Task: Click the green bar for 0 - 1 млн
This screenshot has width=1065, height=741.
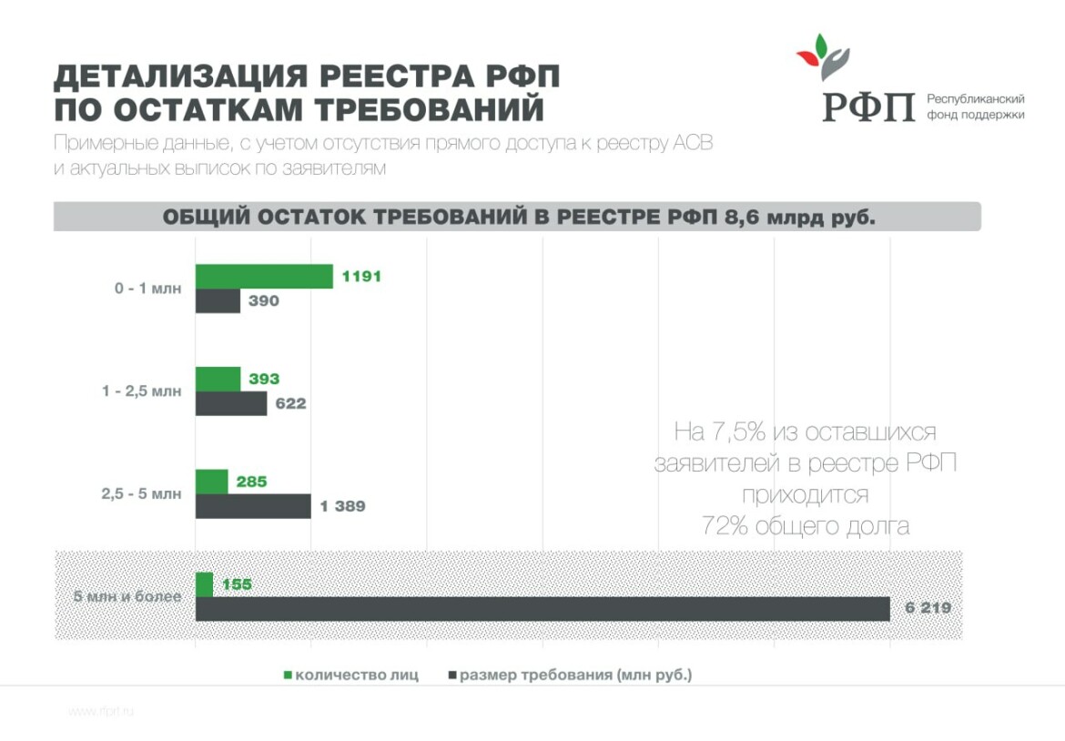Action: click(x=264, y=276)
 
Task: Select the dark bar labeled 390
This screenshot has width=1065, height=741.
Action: click(x=218, y=300)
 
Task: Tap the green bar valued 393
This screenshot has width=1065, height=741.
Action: click(x=218, y=379)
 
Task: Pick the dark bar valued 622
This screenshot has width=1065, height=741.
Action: click(x=231, y=403)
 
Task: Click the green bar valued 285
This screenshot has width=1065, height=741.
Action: click(x=211, y=482)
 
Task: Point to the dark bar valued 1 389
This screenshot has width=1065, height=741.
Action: click(x=253, y=506)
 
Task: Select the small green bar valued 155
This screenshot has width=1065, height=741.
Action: click(x=204, y=584)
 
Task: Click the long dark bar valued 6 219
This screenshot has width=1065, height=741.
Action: click(x=542, y=609)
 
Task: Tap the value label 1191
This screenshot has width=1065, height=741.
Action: click(x=361, y=277)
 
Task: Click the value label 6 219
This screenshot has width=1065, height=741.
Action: click(x=928, y=608)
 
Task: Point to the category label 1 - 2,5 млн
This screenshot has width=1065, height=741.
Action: click(x=142, y=391)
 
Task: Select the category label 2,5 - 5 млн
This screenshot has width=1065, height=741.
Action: click(x=141, y=494)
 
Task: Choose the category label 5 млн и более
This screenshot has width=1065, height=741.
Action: click(x=127, y=597)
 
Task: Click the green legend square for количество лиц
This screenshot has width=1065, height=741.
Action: click(x=289, y=675)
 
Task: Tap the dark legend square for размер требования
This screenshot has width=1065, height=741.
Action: click(x=452, y=675)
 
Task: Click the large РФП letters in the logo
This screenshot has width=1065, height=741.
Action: click(x=868, y=107)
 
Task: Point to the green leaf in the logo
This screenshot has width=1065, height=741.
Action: click(x=821, y=46)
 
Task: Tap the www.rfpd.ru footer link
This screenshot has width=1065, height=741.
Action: click(x=100, y=712)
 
